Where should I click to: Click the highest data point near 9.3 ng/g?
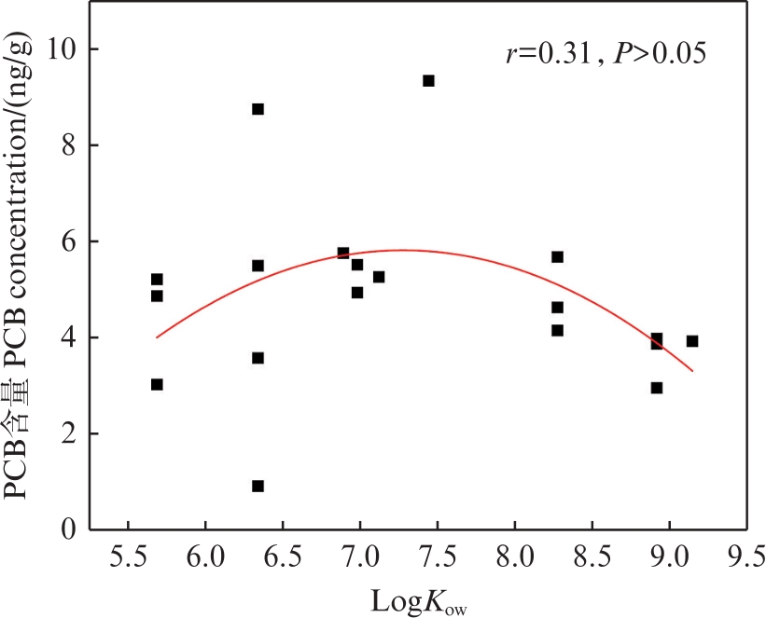tap(428, 81)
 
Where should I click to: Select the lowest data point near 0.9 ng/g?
tap(258, 486)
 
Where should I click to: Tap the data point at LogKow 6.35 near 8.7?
tap(258, 109)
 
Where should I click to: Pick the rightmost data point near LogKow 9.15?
tap(691, 341)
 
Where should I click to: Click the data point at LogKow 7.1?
tap(379, 277)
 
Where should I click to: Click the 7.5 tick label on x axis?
tap(437, 559)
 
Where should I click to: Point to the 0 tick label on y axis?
tap(67, 529)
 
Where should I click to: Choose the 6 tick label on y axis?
tap(67, 241)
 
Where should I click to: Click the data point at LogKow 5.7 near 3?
tap(157, 384)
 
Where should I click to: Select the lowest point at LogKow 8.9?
tap(657, 388)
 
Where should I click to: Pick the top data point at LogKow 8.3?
tap(557, 256)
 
